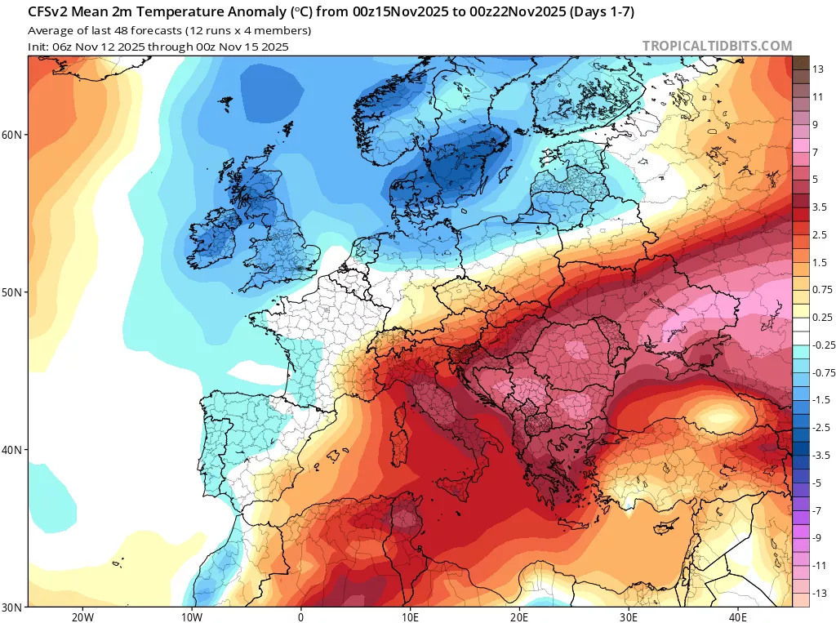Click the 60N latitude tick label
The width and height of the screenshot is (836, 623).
point(13,135)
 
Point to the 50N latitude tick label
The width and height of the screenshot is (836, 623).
point(13,292)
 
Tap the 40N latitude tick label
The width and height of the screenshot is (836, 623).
point(13,450)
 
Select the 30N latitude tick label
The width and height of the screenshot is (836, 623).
point(13,607)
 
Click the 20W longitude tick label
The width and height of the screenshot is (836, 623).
point(82,616)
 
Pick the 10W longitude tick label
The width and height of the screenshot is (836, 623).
point(192,616)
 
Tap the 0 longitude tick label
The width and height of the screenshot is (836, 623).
point(301,616)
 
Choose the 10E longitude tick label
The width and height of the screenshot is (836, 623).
point(410,616)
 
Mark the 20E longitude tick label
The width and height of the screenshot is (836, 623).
point(519,616)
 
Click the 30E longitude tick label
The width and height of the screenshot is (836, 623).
point(629,616)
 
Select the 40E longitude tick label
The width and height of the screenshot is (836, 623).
point(738,616)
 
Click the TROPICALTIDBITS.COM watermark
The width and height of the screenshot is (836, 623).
point(717,46)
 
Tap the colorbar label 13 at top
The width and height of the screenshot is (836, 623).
point(817,69)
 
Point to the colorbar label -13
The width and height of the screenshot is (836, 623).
point(817,593)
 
